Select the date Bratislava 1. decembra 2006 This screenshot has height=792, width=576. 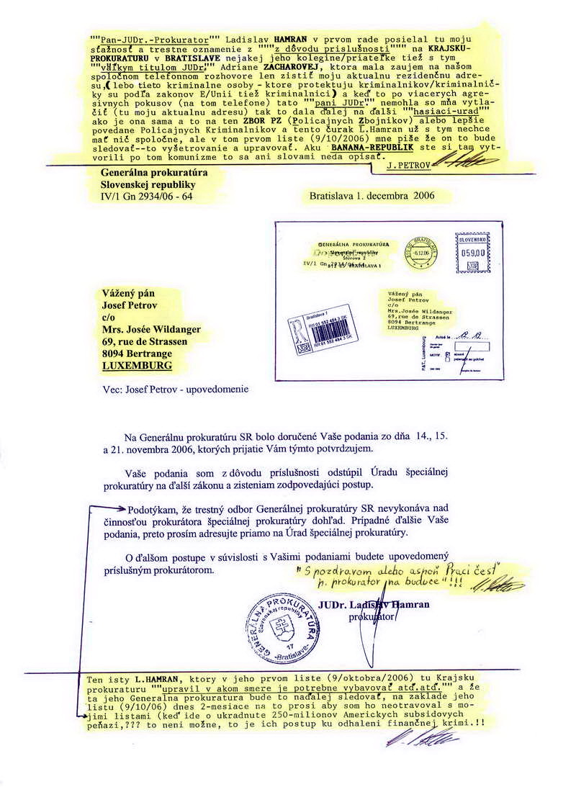(x=372, y=195)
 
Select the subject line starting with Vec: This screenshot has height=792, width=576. (x=175, y=390)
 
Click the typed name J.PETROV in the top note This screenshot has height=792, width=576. (x=408, y=166)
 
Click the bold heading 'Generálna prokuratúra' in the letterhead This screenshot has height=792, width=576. (x=145, y=173)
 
